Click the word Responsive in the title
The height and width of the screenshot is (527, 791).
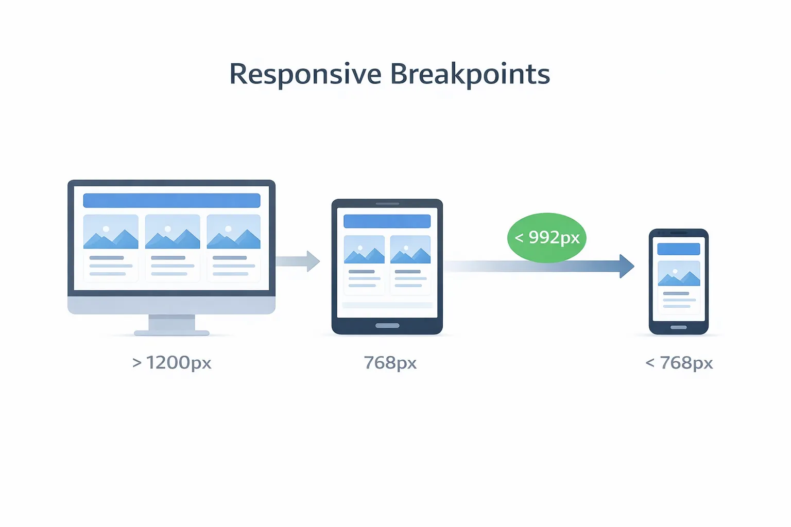click(305, 74)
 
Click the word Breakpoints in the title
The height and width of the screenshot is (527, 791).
click(470, 74)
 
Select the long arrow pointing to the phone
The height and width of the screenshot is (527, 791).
click(541, 266)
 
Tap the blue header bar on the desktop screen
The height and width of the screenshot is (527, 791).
click(171, 200)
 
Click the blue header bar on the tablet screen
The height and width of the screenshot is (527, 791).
click(387, 221)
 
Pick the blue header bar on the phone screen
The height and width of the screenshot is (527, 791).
click(679, 249)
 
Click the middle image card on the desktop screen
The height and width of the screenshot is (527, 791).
click(173, 248)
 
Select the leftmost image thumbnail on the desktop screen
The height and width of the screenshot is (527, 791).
click(111, 232)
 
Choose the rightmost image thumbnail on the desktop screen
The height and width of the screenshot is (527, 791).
click(233, 232)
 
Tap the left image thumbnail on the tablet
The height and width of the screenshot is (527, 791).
click(364, 250)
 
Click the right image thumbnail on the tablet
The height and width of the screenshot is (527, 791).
click(410, 250)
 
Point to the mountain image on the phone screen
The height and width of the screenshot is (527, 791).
click(679, 273)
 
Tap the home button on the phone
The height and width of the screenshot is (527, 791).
click(678, 327)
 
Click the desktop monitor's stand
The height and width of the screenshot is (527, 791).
click(171, 325)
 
